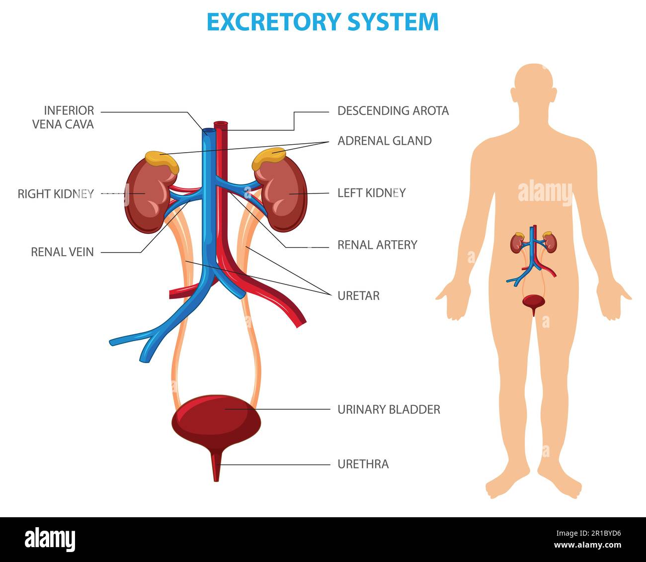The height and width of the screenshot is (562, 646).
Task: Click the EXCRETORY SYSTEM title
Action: tap(323, 22)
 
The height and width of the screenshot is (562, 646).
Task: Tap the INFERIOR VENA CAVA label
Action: tap(63, 117)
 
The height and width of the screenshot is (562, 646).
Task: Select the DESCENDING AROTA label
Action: tap(393, 111)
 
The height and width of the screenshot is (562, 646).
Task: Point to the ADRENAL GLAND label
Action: tap(384, 141)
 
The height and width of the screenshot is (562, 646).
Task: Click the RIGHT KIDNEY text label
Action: tap(56, 193)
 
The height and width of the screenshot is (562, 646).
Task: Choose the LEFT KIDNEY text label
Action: tap(371, 192)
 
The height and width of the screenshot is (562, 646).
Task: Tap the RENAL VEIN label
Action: tap(62, 252)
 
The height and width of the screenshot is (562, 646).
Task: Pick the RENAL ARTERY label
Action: tap(377, 245)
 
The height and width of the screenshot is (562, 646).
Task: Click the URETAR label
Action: tap(358, 296)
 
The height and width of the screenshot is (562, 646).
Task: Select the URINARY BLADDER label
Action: tap(389, 409)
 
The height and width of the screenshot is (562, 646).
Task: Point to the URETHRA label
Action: tap(363, 465)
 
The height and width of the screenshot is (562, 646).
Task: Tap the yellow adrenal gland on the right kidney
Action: tap(161, 160)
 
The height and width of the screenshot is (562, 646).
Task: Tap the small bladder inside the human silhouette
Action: tap(533, 302)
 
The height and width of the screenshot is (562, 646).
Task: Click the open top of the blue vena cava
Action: tap(209, 131)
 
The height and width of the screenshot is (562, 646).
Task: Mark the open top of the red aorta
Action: tap(220, 123)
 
